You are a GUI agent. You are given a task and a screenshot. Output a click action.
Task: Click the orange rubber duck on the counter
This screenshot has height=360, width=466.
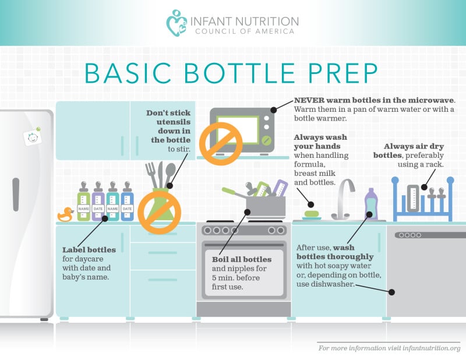point(65,214)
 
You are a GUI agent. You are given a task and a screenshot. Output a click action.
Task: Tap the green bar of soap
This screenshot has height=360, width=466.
point(312,214)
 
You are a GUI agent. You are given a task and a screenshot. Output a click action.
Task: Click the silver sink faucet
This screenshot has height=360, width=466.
point(344,199)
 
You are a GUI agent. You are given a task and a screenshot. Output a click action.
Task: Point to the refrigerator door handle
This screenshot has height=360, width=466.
point(16,195)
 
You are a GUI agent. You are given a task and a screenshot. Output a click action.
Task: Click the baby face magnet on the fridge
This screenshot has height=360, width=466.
point(33,137)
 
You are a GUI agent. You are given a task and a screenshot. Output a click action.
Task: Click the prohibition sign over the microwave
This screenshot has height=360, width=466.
point(221,143)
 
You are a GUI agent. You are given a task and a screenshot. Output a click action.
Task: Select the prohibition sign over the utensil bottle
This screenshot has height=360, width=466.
point(159,213)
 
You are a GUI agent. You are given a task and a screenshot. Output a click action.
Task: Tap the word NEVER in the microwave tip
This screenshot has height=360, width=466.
point(309,100)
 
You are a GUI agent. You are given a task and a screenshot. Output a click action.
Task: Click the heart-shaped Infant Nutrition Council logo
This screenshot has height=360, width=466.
point(176,23)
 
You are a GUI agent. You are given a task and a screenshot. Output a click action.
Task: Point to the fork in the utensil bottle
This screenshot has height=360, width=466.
point(151,175)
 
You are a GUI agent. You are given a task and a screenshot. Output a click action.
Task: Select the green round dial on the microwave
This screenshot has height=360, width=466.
point(267,140)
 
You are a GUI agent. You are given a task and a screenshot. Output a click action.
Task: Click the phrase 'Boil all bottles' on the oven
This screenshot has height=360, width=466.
point(242,259)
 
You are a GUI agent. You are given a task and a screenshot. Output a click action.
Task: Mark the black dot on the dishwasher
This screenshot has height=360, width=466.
point(391,292)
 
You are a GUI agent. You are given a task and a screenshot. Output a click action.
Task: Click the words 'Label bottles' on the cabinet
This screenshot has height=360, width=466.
point(89,250)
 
